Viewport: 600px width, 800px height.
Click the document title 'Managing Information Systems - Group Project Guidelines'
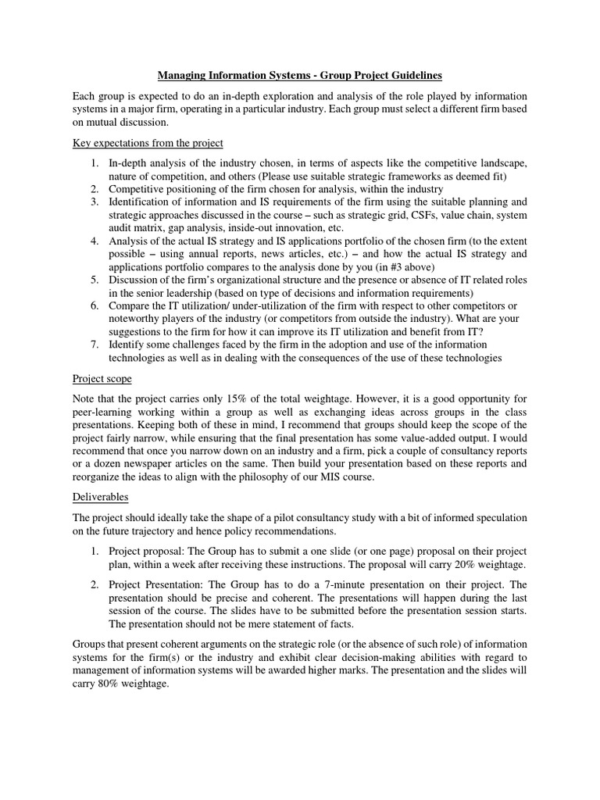tap(300, 76)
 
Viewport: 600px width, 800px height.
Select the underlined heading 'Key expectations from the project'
tap(148, 143)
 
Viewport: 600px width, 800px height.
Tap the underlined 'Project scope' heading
tap(102, 378)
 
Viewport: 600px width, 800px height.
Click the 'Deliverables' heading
tap(101, 496)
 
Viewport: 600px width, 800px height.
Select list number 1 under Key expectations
tap(93, 163)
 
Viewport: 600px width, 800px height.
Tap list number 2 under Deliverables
tap(93, 584)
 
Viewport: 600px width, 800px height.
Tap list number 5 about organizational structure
tap(93, 280)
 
